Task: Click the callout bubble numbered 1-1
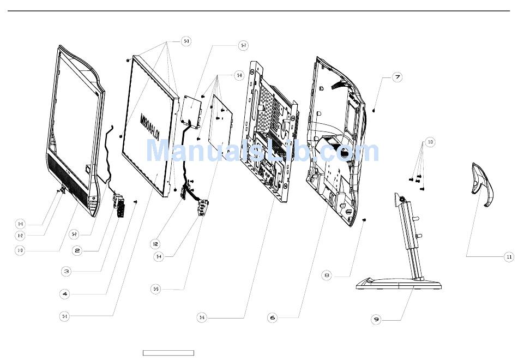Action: [x=20, y=224]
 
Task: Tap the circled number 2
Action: [x=77, y=250]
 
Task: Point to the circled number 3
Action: [x=65, y=271]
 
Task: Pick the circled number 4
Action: [x=64, y=293]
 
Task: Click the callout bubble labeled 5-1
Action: [x=64, y=315]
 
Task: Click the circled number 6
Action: [x=273, y=317]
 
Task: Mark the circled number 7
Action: [x=397, y=77]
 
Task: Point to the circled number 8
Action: [x=327, y=275]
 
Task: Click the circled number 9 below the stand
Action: [x=376, y=320]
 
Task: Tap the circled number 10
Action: [x=430, y=142]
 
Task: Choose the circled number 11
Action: [x=509, y=256]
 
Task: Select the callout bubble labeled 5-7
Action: [x=243, y=46]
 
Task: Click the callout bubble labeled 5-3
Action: [x=186, y=41]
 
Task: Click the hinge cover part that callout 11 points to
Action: [x=482, y=186]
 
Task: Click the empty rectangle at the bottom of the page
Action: [x=168, y=353]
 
